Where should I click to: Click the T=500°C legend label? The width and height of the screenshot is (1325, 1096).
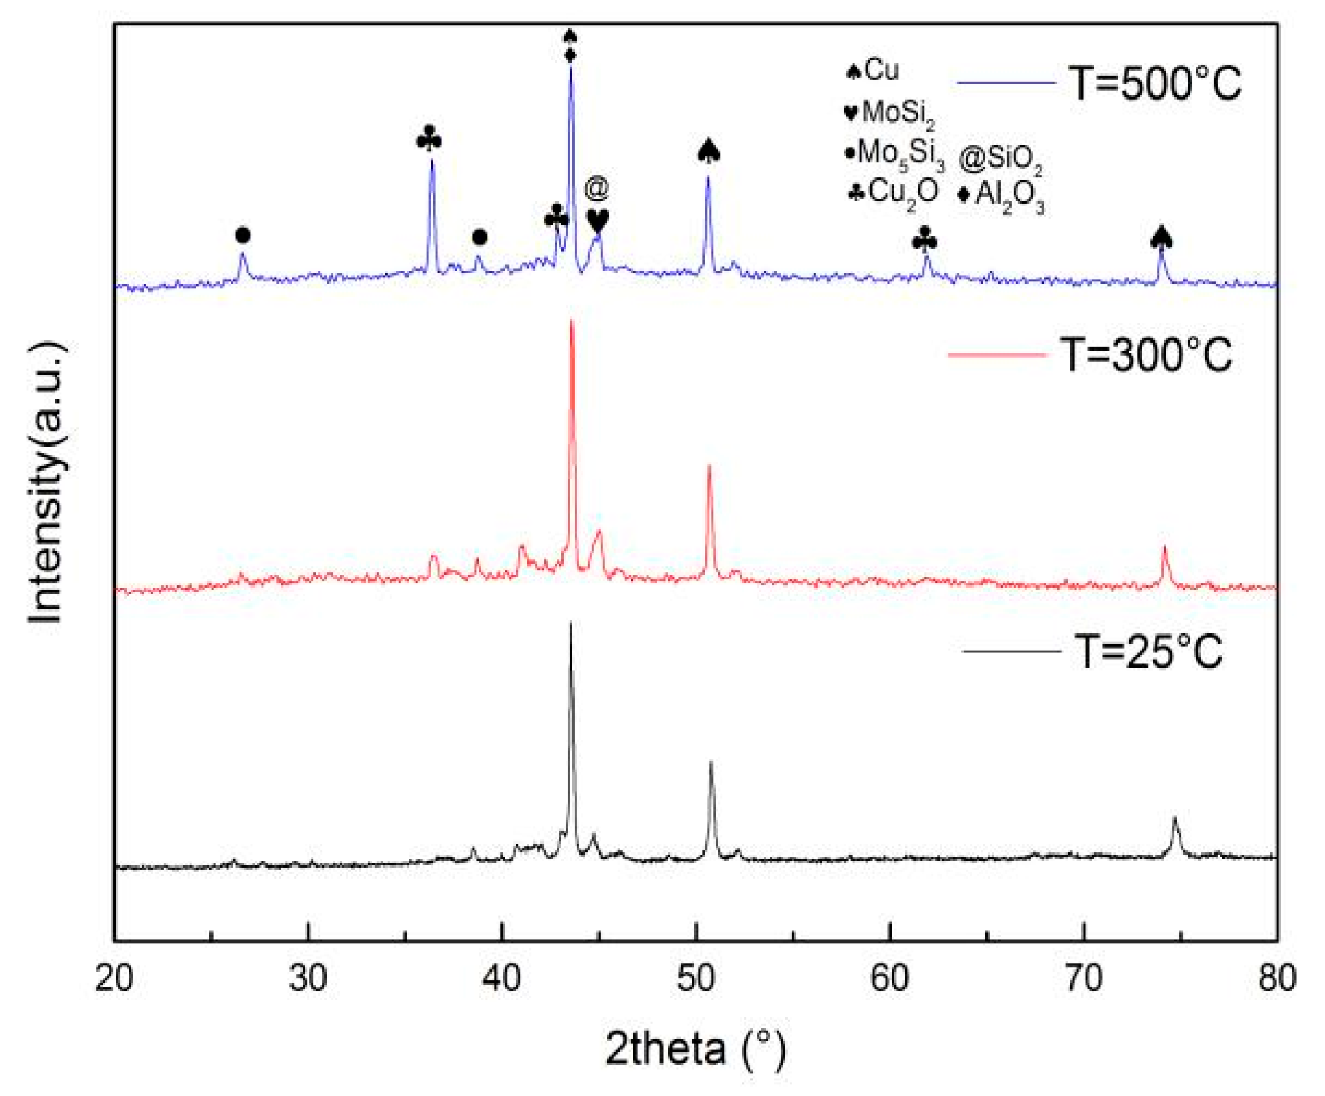pos(1155,83)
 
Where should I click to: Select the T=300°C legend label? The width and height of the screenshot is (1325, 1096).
pos(1146,355)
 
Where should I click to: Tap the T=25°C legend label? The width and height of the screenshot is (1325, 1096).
pos(1149,651)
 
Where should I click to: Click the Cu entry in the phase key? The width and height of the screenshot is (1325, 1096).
pos(873,71)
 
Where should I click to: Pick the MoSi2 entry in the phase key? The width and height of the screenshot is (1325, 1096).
pos(889,113)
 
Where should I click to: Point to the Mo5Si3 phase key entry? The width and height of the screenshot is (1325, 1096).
pos(894,154)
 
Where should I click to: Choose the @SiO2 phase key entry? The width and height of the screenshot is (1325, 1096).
pos(1001,158)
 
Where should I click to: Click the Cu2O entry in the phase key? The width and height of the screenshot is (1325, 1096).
pos(894,193)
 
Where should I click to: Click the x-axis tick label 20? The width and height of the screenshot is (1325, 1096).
pos(114,979)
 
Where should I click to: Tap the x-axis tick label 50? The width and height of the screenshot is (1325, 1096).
pos(696,979)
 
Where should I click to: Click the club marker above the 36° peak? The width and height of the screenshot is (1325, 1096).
pos(430,138)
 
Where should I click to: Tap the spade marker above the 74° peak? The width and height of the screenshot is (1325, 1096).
pos(1161,237)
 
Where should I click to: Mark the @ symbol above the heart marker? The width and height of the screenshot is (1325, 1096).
pos(596,188)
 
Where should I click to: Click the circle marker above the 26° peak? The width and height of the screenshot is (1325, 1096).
pos(243,235)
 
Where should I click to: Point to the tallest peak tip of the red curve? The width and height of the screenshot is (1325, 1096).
pos(572,321)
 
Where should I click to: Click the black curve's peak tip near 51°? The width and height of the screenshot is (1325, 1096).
pos(710,763)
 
